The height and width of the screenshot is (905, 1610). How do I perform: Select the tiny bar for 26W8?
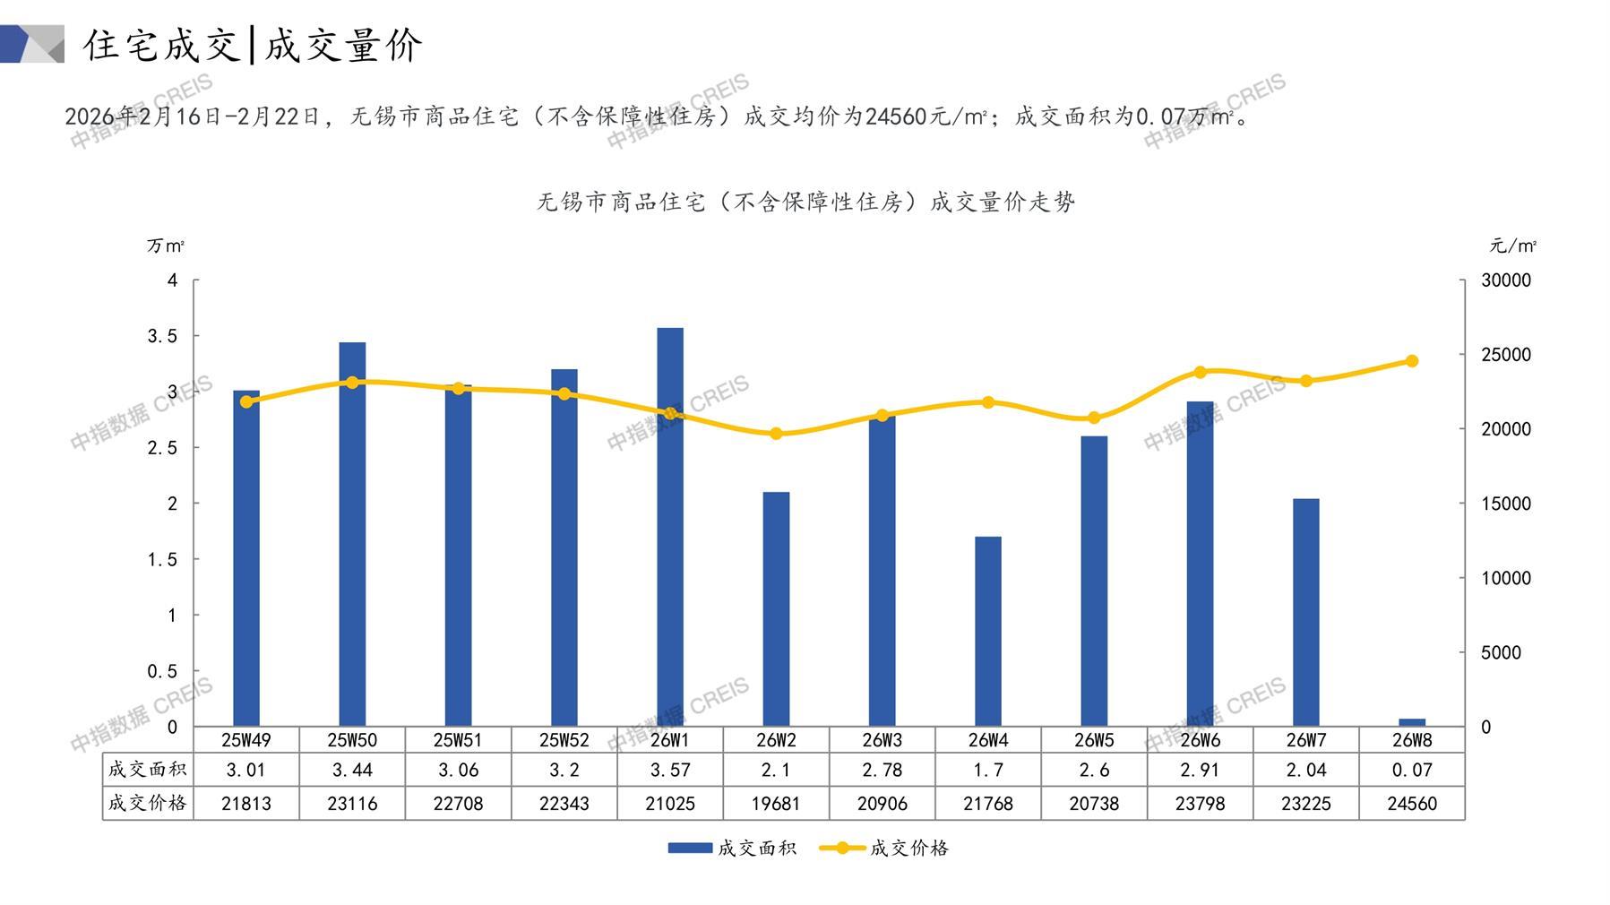1411,721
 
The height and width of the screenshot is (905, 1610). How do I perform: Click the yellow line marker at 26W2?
776,434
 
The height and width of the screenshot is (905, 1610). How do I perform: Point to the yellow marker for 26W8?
1412,361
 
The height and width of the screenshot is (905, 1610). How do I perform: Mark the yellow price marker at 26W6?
1201,372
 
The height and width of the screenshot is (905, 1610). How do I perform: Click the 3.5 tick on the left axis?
162,336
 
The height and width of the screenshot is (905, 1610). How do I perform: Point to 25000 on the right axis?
1506,355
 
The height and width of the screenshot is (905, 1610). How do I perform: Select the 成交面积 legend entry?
732,848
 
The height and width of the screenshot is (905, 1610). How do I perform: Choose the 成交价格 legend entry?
884,848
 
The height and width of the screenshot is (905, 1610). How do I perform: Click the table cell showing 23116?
352,804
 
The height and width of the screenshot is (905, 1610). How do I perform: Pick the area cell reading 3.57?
670,770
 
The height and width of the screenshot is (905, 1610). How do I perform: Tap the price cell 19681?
776,804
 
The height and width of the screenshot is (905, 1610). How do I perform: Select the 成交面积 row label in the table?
147,770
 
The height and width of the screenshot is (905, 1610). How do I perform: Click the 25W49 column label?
246,740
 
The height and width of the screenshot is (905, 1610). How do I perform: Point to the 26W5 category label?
1094,740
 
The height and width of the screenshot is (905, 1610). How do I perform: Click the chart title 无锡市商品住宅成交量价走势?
805,203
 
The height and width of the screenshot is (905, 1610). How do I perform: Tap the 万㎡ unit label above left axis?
166,246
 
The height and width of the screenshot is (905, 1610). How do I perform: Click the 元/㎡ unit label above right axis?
1512,246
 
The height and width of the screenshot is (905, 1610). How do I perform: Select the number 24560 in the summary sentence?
897,117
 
